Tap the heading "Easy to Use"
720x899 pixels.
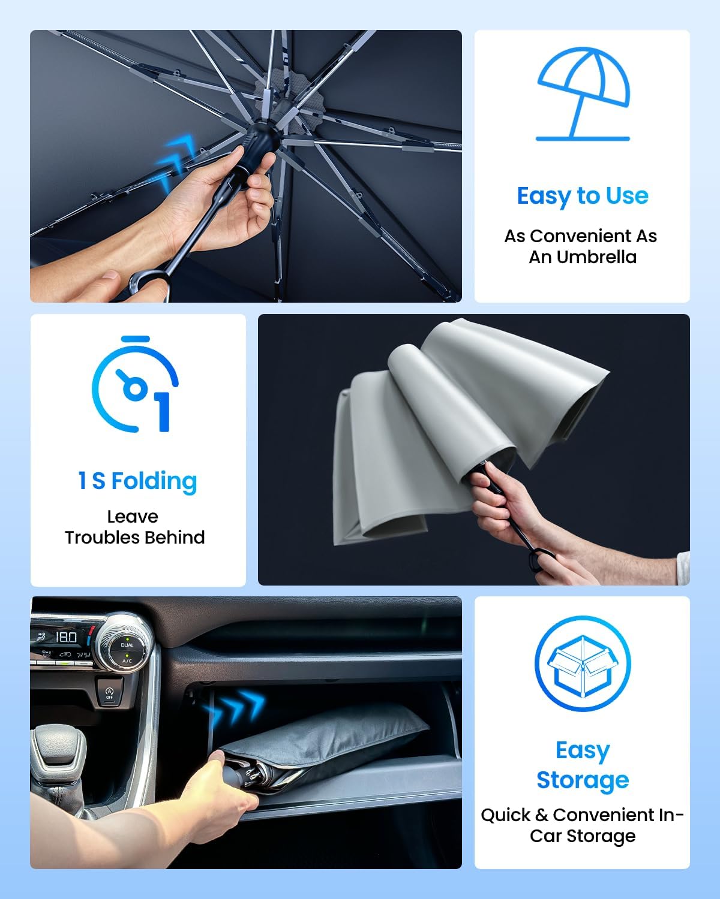coord(583,196)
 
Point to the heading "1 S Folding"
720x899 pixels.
coord(137,481)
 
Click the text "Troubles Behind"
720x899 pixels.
coord(135,537)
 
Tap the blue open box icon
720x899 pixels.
coord(582,664)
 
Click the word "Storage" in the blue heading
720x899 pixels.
coord(583,780)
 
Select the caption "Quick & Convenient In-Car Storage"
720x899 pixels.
coord(582,825)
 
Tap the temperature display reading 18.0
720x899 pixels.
coord(67,638)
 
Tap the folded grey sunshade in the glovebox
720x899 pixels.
coord(336,743)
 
